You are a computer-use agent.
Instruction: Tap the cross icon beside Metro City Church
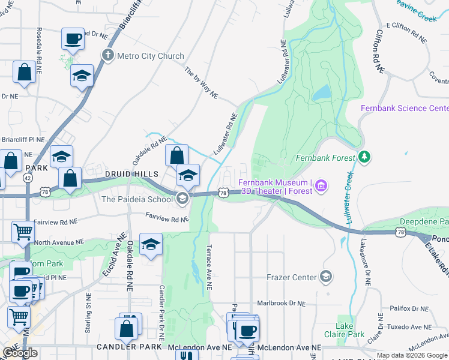[108, 56]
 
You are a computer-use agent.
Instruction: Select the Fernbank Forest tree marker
[364, 157]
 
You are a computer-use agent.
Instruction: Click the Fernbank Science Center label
[404, 108]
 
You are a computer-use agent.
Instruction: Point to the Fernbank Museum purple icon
[322, 187]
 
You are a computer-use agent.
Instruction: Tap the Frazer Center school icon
[326, 277]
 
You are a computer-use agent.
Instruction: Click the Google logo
[20, 353]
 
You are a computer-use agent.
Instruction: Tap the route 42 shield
[28, 178]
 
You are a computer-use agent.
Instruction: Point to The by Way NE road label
[201, 83]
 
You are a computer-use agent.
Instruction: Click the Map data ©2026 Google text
[412, 355]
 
